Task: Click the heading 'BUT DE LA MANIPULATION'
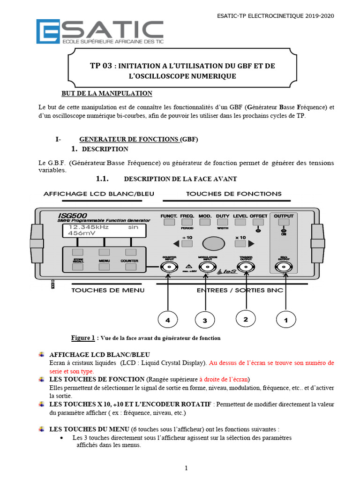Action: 107,93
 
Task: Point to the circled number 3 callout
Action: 204,320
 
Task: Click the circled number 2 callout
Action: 246,319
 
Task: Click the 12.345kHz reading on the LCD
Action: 89,227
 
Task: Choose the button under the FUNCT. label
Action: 168,222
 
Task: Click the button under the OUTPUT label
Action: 283,222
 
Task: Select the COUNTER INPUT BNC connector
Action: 168,267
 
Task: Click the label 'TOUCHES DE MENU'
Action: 107,290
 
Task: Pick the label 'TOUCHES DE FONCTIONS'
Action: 234,194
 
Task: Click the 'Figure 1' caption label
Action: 83,337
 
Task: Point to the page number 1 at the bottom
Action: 186,468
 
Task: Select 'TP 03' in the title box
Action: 101,66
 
